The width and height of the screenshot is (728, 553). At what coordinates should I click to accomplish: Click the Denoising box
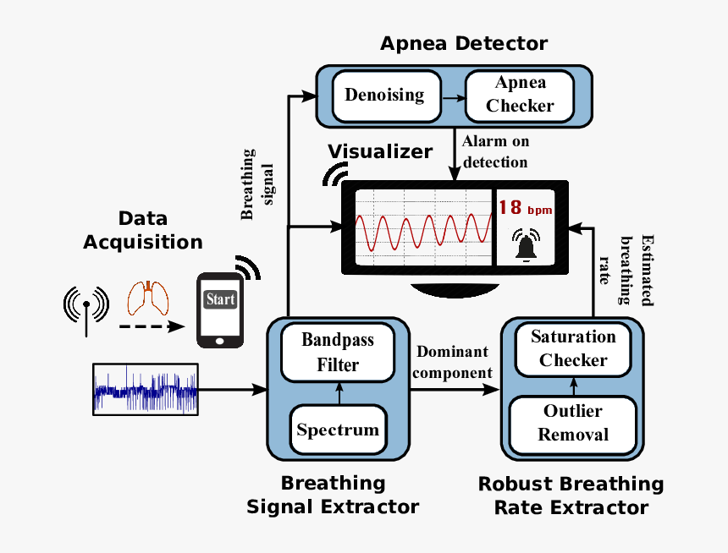pos(384,94)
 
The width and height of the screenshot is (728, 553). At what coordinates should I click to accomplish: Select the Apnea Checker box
pos(520,94)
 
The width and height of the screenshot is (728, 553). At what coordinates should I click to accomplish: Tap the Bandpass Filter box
pos(338,353)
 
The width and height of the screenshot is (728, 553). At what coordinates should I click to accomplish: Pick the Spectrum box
pos(338,430)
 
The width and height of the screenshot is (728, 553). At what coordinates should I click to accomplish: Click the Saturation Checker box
pos(573,348)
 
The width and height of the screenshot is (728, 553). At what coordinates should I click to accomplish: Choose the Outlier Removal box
pos(573,423)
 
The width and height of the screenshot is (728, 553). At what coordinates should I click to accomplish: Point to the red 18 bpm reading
pos(524,208)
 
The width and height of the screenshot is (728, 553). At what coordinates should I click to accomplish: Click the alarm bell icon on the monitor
pos(527,246)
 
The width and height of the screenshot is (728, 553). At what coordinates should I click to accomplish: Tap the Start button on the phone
pos(220,300)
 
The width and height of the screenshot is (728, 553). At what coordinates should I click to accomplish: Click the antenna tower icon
pos(86,306)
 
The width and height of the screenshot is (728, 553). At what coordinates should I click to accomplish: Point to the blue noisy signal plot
pos(146,390)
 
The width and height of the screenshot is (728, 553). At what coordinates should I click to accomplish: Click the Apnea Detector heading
pos(463,43)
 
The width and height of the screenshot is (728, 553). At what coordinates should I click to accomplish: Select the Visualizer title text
pos(380,151)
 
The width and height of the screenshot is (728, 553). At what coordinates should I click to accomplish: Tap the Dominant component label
pos(454,362)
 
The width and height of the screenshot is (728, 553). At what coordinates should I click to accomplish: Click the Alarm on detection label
pos(495,151)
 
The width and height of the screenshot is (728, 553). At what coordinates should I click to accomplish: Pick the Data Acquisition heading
pos(142,230)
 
